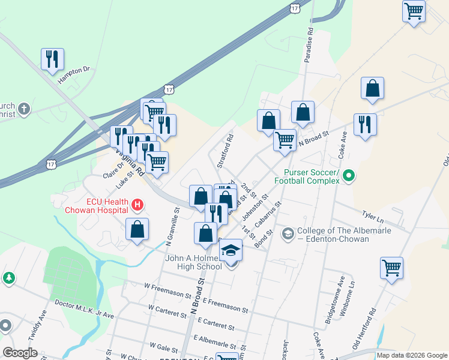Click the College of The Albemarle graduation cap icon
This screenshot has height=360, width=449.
coord(288,232)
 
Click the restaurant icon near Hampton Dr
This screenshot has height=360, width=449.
coord(52,59)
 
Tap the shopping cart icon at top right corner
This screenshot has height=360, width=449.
coord(414,11)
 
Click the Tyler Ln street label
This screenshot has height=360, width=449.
coord(372,214)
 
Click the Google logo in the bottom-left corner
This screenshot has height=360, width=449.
coord(20,352)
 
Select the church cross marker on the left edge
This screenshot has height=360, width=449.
coord(23,109)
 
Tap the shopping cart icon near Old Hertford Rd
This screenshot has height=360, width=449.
coord(391,268)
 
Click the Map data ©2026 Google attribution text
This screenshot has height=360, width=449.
coord(412,355)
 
